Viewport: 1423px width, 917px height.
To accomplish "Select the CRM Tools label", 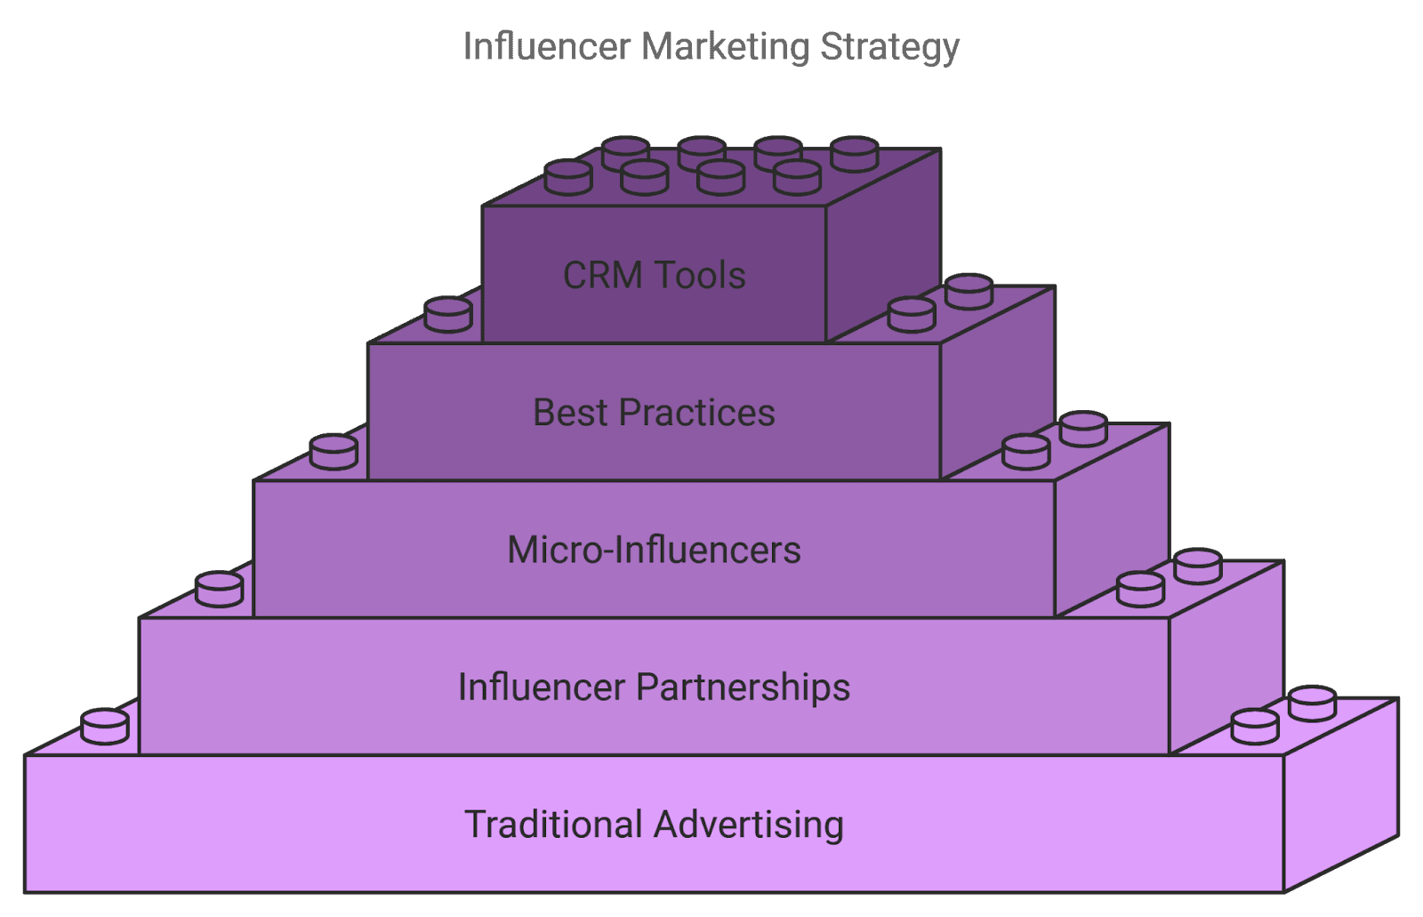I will coord(654,276).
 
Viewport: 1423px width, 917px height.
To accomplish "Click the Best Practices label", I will coord(654,413).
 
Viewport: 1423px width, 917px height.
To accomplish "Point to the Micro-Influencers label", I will coord(654,550).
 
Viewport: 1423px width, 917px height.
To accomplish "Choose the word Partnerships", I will coord(744,688).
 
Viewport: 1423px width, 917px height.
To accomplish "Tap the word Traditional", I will coord(553,824).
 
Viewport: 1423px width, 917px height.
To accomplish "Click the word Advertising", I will coord(749,824).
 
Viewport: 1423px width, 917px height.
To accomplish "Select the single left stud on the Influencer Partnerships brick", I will coord(219,589).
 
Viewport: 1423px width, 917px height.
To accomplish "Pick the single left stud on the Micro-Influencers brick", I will coord(334,451).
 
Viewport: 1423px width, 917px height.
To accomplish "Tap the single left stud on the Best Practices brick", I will coord(447,314).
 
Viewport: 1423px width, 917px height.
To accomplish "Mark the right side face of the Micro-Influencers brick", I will coord(1112,525).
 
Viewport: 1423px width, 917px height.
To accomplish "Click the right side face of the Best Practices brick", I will coord(998,387).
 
